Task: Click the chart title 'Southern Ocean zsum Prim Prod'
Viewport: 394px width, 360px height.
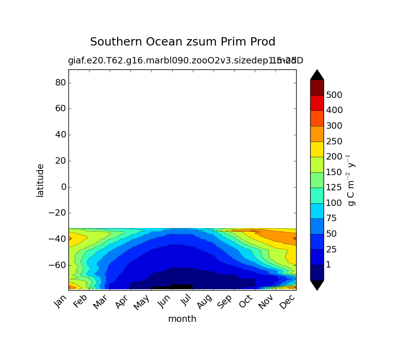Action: (x=182, y=42)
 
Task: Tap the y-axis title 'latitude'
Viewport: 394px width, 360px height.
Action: (x=40, y=180)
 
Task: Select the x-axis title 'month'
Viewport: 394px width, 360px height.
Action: (x=182, y=319)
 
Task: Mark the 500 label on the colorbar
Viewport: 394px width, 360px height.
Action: (x=334, y=95)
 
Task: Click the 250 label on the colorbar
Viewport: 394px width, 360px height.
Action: (x=334, y=142)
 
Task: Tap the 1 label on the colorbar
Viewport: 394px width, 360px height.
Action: (x=328, y=265)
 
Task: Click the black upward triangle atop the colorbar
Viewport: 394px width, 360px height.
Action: (x=317, y=75)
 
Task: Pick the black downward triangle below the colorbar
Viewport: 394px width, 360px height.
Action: (x=317, y=285)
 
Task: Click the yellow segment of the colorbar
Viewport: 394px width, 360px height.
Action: (x=317, y=149)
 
